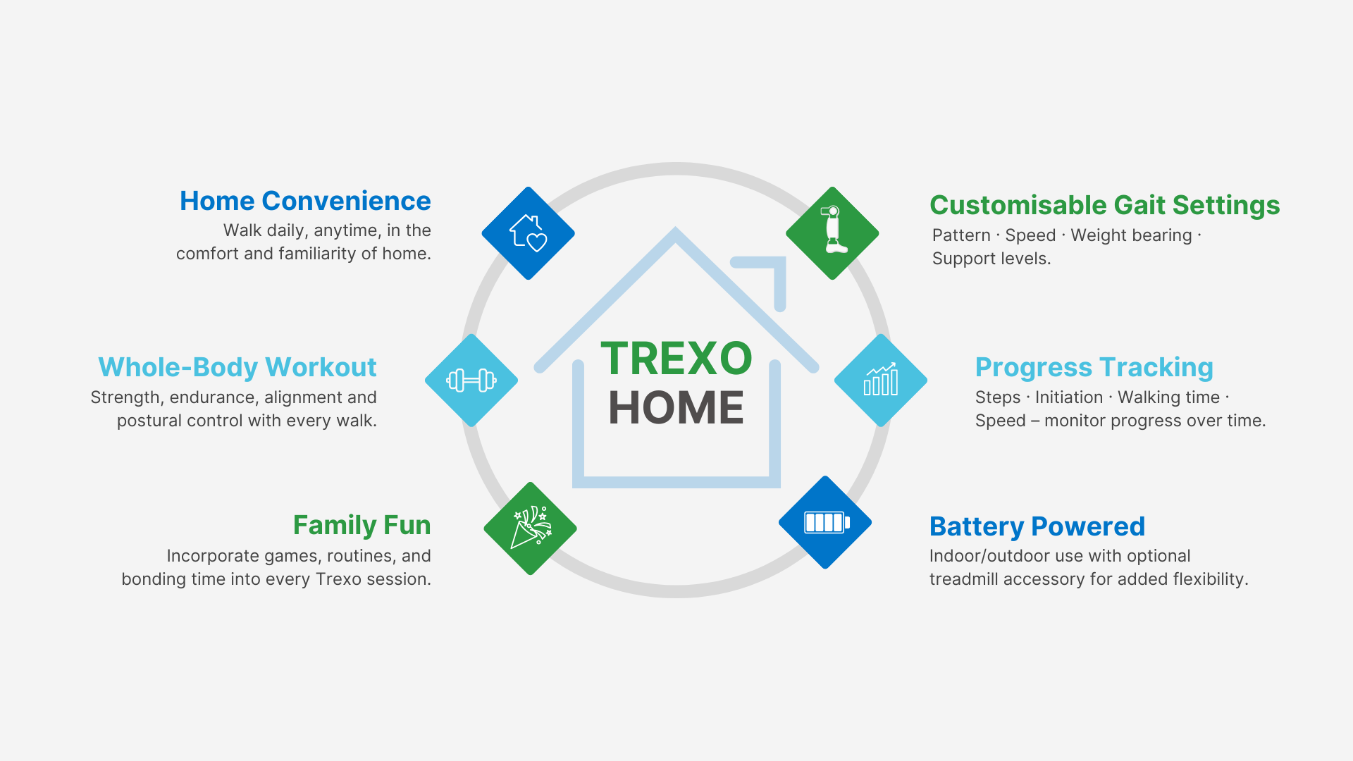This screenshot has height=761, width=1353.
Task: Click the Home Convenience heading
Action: tap(305, 202)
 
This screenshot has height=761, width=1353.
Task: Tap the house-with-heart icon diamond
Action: tap(529, 233)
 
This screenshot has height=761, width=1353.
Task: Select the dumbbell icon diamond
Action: tap(471, 380)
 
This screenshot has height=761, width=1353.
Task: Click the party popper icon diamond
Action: tap(531, 528)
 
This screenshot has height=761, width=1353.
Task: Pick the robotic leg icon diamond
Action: tap(832, 233)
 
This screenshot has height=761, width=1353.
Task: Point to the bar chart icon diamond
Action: tap(881, 380)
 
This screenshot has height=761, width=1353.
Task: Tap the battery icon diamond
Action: tap(825, 522)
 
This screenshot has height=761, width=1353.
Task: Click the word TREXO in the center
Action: tap(676, 359)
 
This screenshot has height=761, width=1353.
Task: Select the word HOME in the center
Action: tap(676, 407)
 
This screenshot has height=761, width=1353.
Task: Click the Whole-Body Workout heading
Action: tap(237, 368)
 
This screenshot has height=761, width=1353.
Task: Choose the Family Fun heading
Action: tap(362, 526)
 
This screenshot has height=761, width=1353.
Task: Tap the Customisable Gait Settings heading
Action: tap(1105, 206)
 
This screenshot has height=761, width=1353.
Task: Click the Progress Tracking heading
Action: tap(1094, 368)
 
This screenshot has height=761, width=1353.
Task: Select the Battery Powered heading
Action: tap(1037, 527)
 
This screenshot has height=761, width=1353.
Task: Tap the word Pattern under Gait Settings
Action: tap(961, 235)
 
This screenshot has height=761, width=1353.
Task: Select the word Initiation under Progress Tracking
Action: tap(1069, 397)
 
